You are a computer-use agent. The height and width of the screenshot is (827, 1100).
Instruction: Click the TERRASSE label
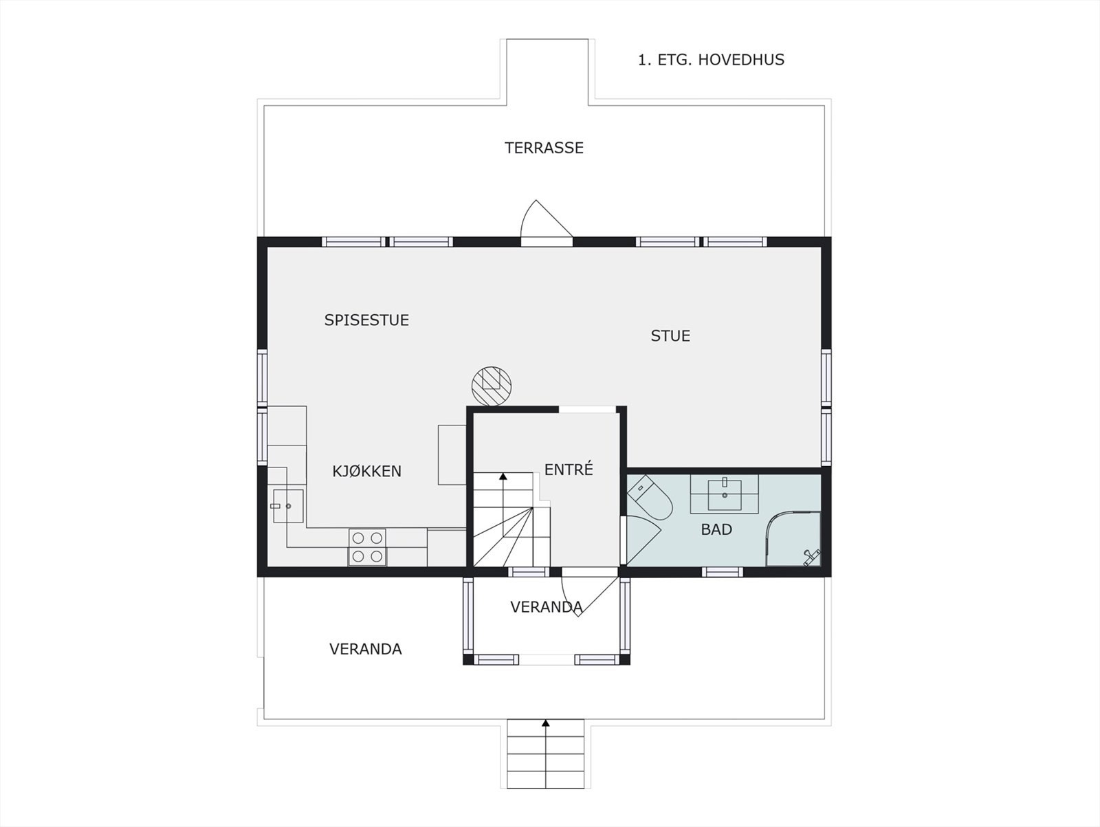pyautogui.click(x=544, y=148)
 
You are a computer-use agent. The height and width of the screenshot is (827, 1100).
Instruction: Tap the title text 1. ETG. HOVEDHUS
pyautogui.click(x=711, y=60)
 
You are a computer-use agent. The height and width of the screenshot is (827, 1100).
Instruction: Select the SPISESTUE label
pyautogui.click(x=366, y=320)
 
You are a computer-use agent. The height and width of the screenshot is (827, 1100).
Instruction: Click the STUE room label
pyautogui.click(x=670, y=336)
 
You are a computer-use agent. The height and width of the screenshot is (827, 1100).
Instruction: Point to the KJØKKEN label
pyautogui.click(x=366, y=472)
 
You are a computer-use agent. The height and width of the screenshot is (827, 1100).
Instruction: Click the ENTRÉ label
pyautogui.click(x=569, y=470)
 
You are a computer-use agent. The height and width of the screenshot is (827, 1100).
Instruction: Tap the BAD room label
pyautogui.click(x=716, y=530)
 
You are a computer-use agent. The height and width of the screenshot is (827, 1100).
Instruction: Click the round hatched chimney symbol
pyautogui.click(x=492, y=385)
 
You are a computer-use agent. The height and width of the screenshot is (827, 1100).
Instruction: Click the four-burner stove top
pyautogui.click(x=367, y=547)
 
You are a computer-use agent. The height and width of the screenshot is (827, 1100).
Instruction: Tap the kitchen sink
pyautogui.click(x=287, y=506)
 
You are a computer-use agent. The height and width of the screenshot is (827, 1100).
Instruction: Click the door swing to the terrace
pyautogui.click(x=543, y=221)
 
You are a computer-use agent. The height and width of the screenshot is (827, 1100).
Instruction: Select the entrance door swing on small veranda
pyautogui.click(x=584, y=595)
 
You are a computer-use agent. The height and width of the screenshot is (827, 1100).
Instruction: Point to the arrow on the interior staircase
pyautogui.click(x=503, y=476)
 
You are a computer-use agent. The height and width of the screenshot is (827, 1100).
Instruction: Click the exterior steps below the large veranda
pyautogui.click(x=546, y=754)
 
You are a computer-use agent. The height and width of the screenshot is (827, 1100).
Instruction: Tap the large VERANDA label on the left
pyautogui.click(x=365, y=650)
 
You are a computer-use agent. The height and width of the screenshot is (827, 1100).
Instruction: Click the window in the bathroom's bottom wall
pyautogui.click(x=722, y=572)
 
